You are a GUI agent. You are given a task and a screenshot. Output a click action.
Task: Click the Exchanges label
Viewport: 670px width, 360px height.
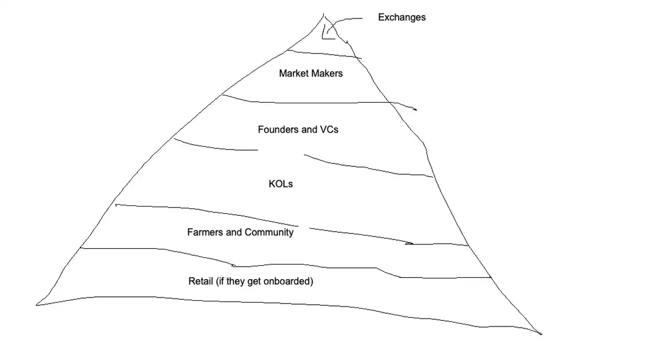point(401,17)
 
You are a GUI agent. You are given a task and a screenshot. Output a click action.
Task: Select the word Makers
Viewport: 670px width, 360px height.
point(327,73)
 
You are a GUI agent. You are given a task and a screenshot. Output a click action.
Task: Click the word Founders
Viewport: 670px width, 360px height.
point(279,129)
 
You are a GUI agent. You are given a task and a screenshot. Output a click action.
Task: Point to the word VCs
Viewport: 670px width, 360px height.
point(329,129)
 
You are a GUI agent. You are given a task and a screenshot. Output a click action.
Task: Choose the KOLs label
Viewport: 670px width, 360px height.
point(280,184)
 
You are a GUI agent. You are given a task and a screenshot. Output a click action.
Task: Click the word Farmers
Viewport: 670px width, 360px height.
point(205,232)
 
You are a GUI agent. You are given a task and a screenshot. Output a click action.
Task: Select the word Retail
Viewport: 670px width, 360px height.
point(200,281)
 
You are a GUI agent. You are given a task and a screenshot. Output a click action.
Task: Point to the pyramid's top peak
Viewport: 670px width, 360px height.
point(324,14)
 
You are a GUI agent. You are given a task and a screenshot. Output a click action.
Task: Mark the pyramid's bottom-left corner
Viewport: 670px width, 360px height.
point(37,305)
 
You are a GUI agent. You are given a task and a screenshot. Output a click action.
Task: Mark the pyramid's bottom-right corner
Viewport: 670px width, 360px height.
point(540,334)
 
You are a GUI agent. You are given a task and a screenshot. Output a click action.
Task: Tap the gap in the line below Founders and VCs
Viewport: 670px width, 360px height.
point(281,152)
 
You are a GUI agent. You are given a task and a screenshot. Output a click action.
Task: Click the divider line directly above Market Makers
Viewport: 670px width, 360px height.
point(324,54)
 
